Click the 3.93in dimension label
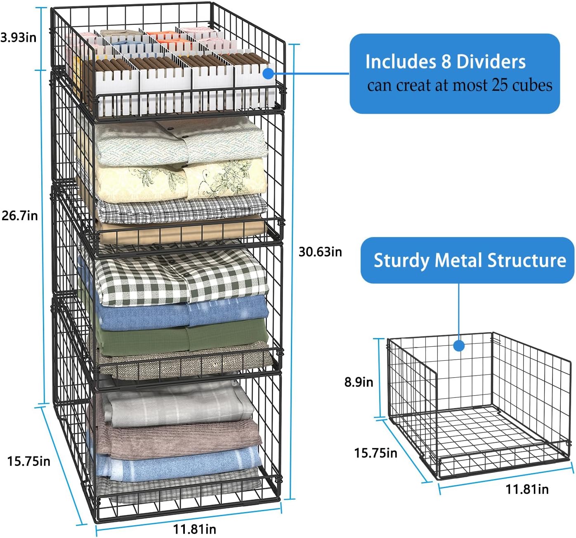pyautogui.click(x=19, y=38)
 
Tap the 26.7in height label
pyautogui.click(x=20, y=215)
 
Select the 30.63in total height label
pyautogui.click(x=320, y=251)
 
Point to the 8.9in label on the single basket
pyautogui.click(x=359, y=382)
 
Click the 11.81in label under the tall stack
pyautogui.click(x=194, y=529)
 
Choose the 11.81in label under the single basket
pyautogui.click(x=527, y=489)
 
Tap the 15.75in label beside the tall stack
pyautogui.click(x=28, y=460)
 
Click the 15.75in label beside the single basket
pyautogui.click(x=375, y=453)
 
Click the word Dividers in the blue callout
pyautogui.click(x=491, y=62)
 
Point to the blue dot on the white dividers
pyautogui.click(x=268, y=74)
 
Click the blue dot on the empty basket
pyautogui.click(x=459, y=345)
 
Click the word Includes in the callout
pyautogui.click(x=398, y=62)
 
